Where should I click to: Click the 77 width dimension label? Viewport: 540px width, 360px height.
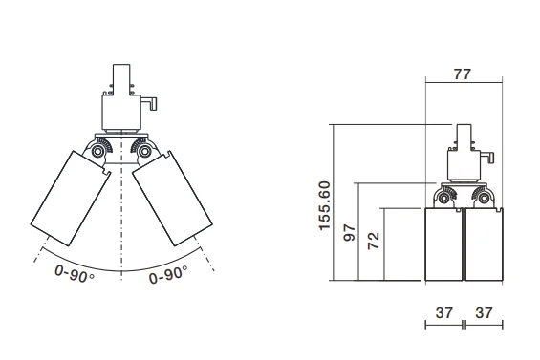click(x=462, y=74)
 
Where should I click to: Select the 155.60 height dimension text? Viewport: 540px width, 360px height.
click(x=325, y=206)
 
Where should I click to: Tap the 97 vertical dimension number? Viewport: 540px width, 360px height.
click(x=350, y=233)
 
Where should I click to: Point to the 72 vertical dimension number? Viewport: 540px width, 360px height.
click(x=374, y=241)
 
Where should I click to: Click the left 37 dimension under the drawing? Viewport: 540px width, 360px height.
click(x=443, y=313)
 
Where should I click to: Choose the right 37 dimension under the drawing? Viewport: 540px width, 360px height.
click(x=484, y=313)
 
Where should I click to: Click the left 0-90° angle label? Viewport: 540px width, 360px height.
click(x=75, y=274)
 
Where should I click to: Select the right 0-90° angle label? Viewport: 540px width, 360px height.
click(x=168, y=274)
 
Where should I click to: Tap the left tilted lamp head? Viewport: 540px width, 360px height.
click(x=71, y=199)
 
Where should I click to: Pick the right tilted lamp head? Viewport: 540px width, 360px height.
click(x=172, y=199)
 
